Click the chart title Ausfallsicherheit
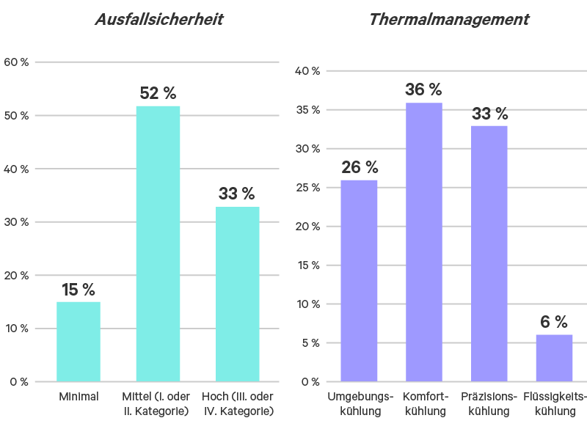158,20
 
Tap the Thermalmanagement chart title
448,20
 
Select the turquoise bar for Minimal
79,341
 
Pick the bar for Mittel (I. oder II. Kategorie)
158,243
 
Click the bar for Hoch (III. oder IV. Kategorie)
237,294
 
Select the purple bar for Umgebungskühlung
360,280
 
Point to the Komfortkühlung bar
424,242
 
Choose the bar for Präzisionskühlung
489,253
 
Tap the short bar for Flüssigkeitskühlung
554,358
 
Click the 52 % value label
158,94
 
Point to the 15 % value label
79,290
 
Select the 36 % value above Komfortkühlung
424,90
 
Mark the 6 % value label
554,322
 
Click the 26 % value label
360,168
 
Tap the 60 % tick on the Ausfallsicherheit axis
16,62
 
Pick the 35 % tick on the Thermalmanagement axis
307,110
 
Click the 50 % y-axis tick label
16,116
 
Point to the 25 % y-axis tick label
307,188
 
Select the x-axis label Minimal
79,397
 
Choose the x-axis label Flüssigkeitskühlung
555,404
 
